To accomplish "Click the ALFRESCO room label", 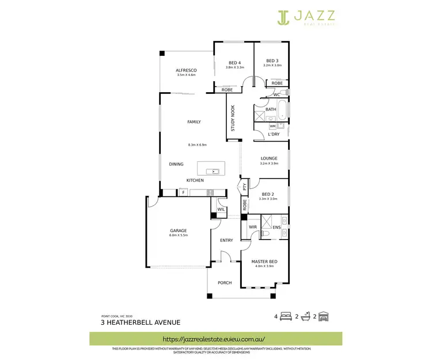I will coord(186,70).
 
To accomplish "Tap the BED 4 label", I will coord(234,62).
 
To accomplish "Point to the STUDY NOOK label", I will coord(233,118).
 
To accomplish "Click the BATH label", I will coord(271,109).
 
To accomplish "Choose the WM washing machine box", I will coord(272,126).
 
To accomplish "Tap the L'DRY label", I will coord(274,134).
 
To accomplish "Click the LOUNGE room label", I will coord(269,158).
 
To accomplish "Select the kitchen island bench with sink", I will coord(211,168).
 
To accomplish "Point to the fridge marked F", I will coord(183,192).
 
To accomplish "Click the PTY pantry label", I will coord(245,187).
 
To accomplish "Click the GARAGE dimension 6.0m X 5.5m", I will coord(177,236).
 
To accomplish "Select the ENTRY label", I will coord(226,240).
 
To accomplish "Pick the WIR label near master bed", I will coord(252,227).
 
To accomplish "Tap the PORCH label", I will coord(224,283).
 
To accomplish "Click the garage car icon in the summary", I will coord(324,316).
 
